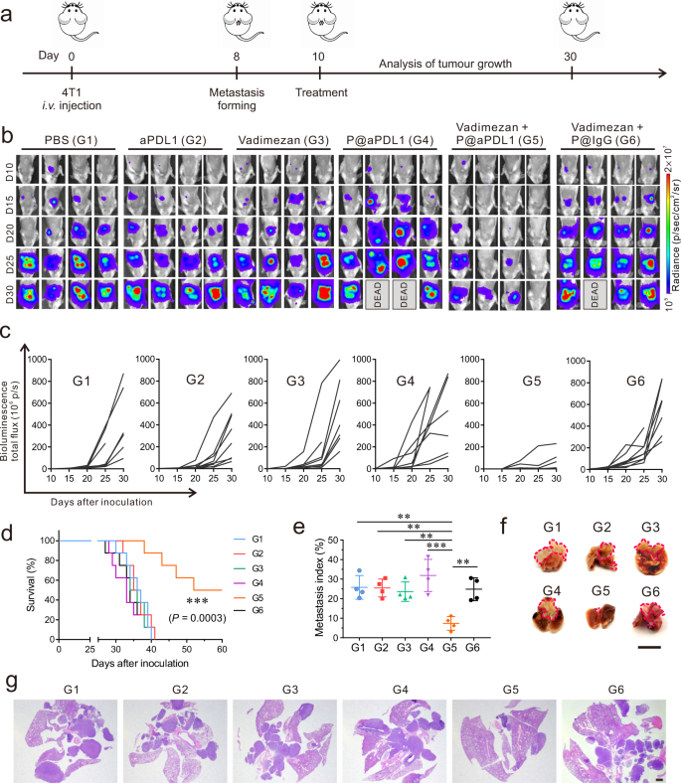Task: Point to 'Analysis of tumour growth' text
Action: [445, 63]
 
